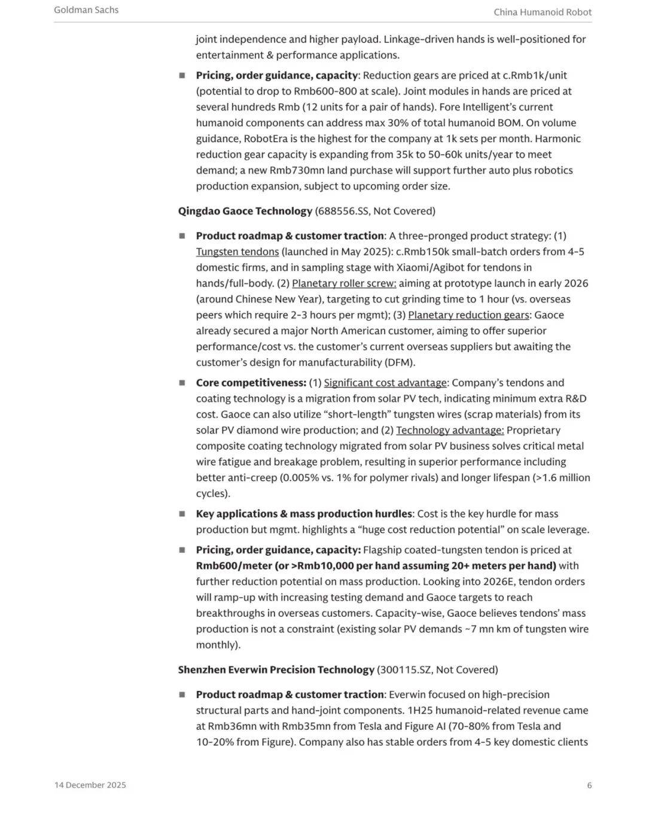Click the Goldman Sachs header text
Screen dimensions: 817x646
86,10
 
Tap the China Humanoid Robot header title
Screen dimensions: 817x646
543,12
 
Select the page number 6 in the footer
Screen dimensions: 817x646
589,785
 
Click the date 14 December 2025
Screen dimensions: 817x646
90,785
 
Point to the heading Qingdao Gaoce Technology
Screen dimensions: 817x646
245,211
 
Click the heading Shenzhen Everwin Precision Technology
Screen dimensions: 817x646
276,669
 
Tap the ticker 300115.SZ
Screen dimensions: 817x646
405,669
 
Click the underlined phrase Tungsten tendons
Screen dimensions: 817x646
237,252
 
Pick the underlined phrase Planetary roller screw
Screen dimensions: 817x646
344,283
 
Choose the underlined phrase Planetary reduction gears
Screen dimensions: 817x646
468,315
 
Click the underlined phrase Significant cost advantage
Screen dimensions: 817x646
385,383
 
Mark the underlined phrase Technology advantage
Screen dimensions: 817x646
450,430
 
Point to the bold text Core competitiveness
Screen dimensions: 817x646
251,383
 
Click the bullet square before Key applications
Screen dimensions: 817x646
182,513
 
